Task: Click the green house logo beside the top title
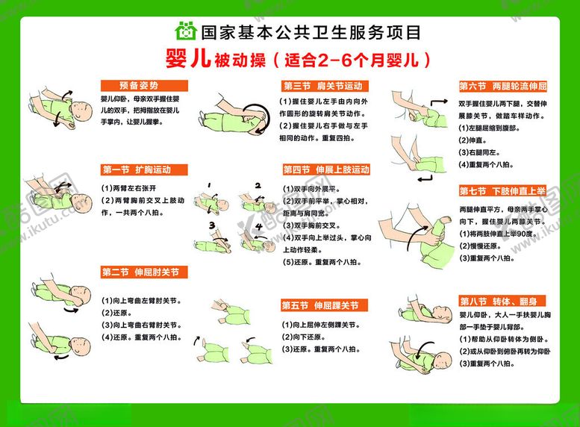point(184,31)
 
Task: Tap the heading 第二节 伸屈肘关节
point(140,272)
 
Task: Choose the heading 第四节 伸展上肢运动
point(325,169)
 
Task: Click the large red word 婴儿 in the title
point(187,59)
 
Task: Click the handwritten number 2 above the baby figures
point(257,185)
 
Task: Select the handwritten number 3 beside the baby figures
point(212,225)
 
